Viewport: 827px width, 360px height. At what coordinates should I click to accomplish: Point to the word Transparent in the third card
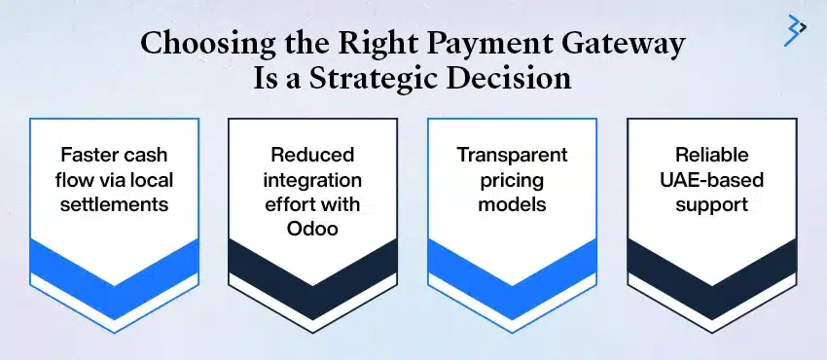(x=512, y=155)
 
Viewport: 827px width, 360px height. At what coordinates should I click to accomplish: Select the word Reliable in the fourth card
(x=710, y=155)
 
